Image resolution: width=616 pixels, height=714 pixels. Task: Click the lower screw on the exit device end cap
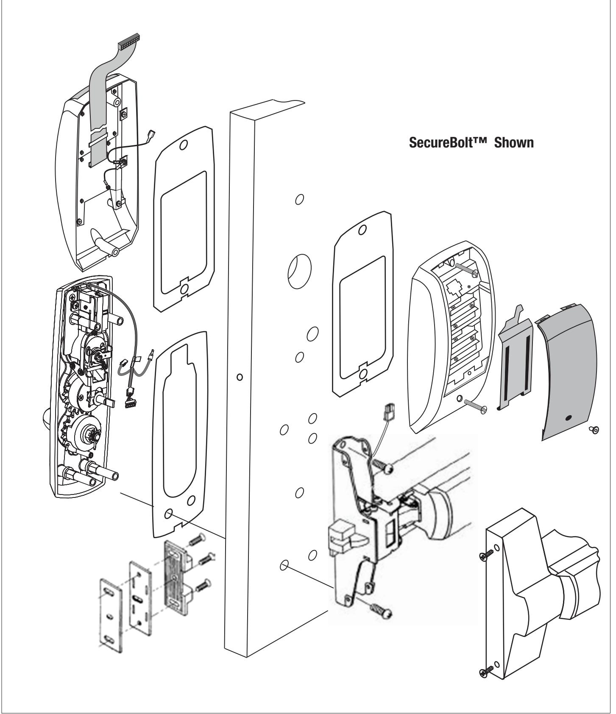pos(488,671)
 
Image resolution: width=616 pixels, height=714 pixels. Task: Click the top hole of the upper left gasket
pos(183,145)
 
